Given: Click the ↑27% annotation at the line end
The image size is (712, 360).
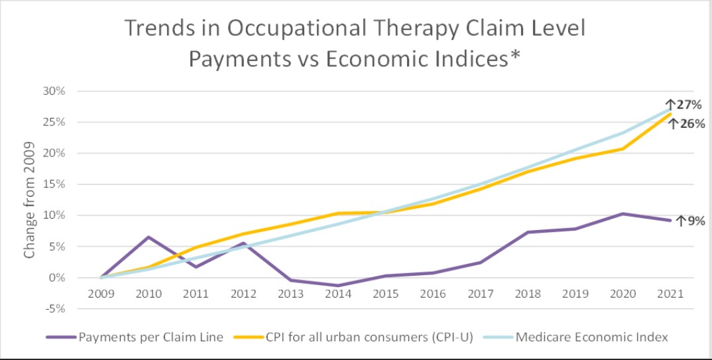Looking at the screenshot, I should [x=683, y=105].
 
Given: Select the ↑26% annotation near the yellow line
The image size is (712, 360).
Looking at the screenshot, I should [x=687, y=123].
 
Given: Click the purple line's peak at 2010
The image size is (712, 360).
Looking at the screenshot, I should [x=148, y=237].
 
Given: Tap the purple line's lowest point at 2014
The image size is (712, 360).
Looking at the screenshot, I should [x=338, y=286].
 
